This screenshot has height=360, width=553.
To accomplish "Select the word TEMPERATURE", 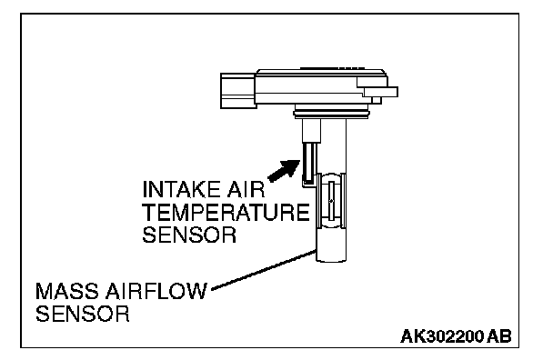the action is [x=226, y=212].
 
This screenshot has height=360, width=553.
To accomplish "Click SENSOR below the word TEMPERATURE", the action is [x=189, y=235].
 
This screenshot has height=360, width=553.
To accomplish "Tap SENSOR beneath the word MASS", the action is [x=83, y=314].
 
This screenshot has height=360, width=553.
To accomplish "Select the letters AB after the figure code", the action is [x=499, y=336].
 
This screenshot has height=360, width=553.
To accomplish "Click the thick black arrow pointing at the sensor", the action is [x=285, y=171].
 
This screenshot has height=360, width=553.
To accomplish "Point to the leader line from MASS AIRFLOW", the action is [x=264, y=270].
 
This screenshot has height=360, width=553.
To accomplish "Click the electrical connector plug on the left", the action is [x=238, y=91].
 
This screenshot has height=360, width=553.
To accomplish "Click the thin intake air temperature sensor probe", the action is [x=309, y=164].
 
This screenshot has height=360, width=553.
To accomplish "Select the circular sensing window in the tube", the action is [x=331, y=201].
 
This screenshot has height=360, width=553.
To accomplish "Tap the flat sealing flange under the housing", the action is [x=331, y=114].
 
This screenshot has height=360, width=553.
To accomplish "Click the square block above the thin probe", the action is [x=311, y=131].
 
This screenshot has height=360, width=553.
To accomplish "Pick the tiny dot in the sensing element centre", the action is [x=331, y=201].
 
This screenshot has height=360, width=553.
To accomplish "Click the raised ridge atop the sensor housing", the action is [x=332, y=68].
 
